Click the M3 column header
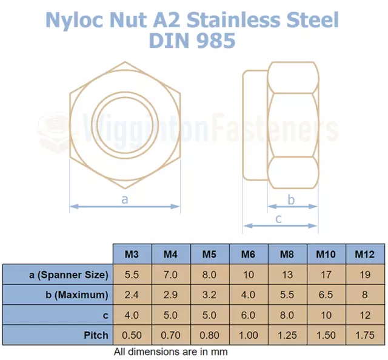tap(132, 254)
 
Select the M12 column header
tap(365, 254)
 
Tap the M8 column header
tap(287, 254)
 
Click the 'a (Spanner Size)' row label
tap(69, 275)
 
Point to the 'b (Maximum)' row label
tap(77, 295)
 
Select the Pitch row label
tap(96, 335)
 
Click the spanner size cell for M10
tap(326, 275)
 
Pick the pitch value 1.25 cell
tap(287, 335)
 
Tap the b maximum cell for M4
tap(171, 295)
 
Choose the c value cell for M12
tap(365, 315)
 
